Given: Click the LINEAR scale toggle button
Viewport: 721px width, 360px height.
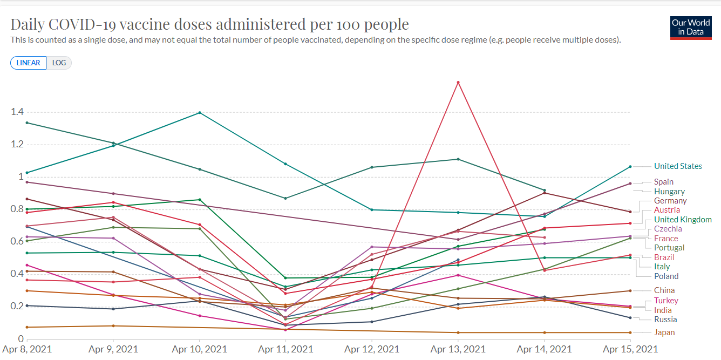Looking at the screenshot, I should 28,63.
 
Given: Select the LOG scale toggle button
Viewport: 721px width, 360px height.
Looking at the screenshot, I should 59,63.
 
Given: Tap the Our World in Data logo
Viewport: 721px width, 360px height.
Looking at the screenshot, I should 690,28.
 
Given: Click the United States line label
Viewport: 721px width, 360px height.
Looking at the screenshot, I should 678,166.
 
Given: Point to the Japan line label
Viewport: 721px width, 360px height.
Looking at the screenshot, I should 664,332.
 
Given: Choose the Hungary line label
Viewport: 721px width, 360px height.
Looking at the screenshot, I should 669,192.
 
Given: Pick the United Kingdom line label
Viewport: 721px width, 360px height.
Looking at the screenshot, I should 683,220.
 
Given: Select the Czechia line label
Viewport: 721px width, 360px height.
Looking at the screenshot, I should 668,229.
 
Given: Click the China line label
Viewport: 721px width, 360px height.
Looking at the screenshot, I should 664,290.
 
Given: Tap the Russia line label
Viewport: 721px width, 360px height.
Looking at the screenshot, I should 665,320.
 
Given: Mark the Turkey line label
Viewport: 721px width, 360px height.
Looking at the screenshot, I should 666,301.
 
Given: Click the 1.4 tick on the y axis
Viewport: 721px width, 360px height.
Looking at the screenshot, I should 17,112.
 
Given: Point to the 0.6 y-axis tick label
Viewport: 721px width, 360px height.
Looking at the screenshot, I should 17,241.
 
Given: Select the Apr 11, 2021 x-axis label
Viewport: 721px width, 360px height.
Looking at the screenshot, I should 285,349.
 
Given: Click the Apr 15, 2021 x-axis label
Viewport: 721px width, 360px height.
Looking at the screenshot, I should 630,349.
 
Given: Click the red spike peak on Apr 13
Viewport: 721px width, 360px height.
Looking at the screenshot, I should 458,82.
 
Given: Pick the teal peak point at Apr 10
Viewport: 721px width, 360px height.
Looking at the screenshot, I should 200,113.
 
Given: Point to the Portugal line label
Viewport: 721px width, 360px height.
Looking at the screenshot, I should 669,248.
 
